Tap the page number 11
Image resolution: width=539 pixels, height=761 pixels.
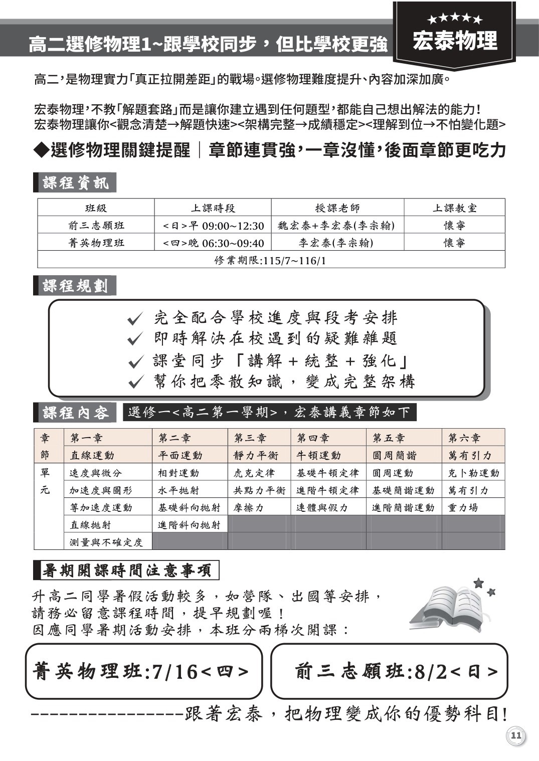pos(516,736)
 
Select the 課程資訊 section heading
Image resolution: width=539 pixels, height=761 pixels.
pos(75,183)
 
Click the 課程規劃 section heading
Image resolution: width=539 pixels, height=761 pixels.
pos(75,286)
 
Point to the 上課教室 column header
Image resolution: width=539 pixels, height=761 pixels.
pos(454,208)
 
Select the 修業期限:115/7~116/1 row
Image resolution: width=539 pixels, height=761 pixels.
pos(271,260)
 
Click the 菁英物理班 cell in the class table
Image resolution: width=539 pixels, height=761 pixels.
pos(96,243)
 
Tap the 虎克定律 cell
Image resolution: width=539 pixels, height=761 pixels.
pos(254,473)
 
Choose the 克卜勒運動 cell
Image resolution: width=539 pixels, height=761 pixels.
pos(473,473)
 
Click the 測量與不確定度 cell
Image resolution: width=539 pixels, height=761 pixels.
pos(106,542)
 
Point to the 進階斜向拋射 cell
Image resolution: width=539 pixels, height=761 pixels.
pos(189,525)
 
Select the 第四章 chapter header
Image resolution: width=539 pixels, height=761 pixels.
pos(313,438)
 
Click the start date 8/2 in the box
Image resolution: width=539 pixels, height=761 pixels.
pos(431,672)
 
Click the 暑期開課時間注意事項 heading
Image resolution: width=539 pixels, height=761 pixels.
pos(126,570)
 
